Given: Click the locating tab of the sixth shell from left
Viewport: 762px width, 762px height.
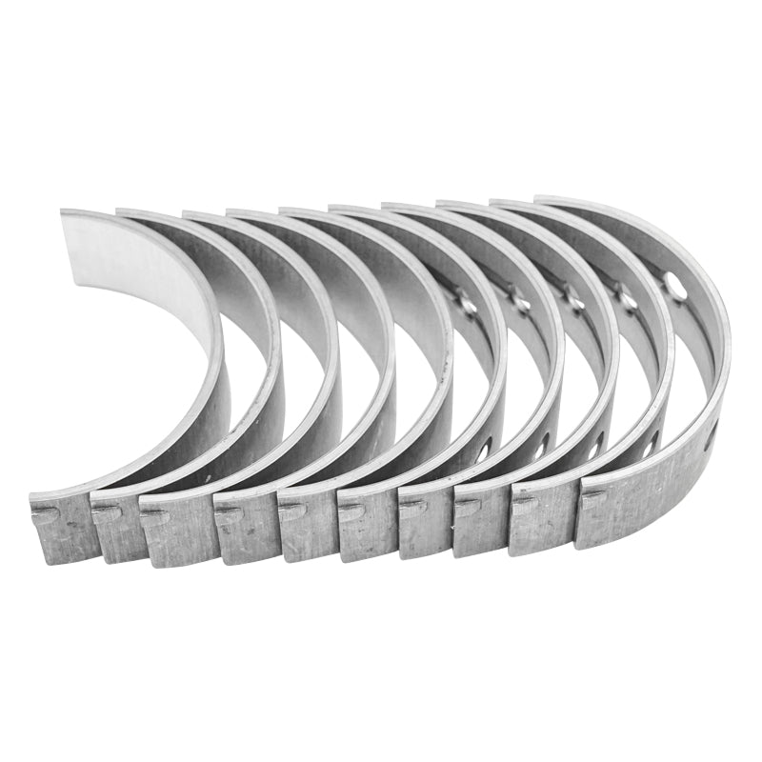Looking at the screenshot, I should [x=351, y=511].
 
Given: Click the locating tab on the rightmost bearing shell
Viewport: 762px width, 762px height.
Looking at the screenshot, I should [x=592, y=495].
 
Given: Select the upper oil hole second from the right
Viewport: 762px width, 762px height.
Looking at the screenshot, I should [x=627, y=301].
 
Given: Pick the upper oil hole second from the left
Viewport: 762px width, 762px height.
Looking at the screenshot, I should [x=520, y=304].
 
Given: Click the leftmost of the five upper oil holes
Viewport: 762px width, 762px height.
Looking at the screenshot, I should [x=466, y=305].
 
